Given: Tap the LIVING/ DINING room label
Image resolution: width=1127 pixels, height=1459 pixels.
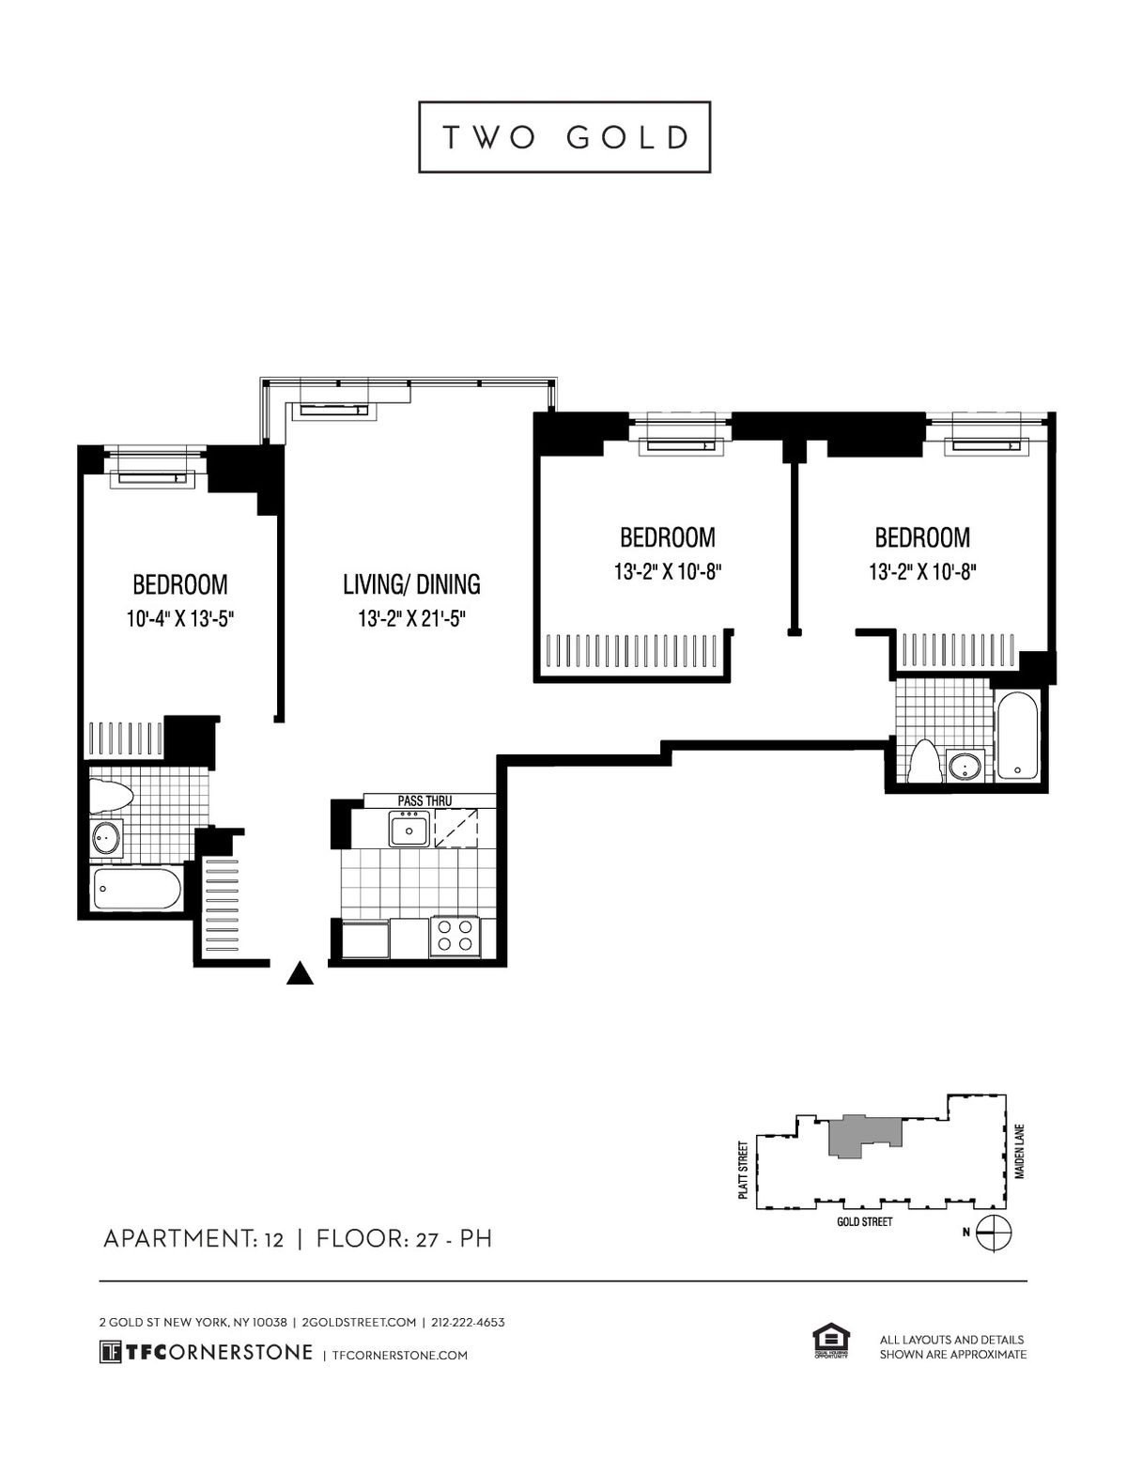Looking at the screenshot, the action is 411,584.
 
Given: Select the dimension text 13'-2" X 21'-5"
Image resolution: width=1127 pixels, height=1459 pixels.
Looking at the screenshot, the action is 411,618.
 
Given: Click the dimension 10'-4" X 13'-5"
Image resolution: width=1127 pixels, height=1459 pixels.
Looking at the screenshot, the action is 180,618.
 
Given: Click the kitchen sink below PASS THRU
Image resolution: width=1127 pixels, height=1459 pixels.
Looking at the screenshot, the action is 409,829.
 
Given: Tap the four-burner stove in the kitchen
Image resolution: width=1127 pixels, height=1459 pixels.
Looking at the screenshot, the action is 455,937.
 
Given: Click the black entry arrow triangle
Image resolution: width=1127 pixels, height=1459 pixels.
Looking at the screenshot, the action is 300,973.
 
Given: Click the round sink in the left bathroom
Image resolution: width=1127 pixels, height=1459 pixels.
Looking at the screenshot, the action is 107,837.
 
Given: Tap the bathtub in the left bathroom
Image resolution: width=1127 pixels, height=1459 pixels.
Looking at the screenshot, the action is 137,889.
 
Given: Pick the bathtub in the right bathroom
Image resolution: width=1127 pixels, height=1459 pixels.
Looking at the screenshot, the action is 1018,736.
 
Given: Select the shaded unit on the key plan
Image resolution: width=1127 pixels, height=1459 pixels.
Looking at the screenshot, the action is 866,1136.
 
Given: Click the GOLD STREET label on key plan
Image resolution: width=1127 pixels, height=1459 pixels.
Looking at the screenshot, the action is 865,1222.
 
